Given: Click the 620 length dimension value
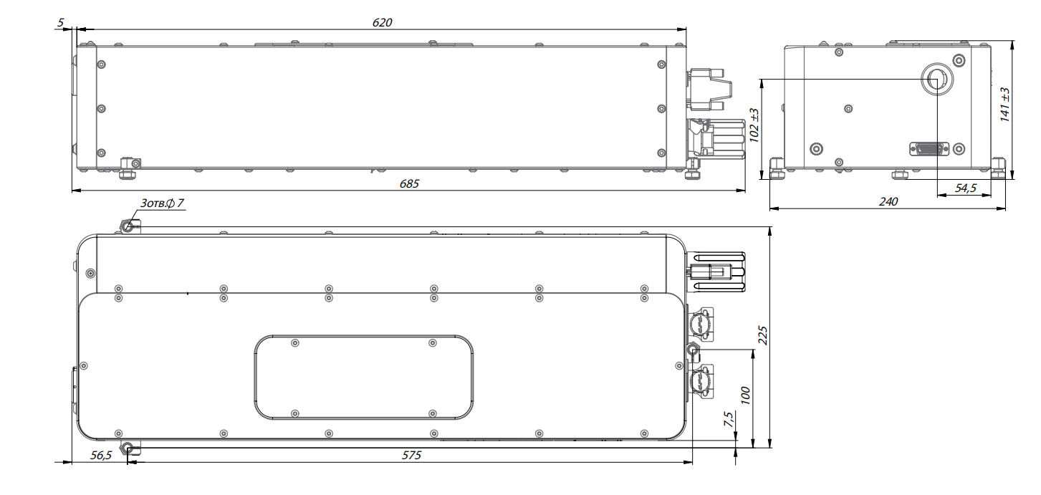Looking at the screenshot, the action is [382, 22].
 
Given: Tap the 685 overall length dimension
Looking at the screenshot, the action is [409, 183].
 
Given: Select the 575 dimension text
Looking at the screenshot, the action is [411, 455].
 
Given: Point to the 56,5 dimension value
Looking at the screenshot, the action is [101, 455].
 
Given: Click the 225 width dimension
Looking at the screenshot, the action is [762, 335].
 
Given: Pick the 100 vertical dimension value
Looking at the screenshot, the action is [745, 395].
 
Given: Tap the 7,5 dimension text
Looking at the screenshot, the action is [728, 419].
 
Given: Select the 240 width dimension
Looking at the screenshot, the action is [888, 202].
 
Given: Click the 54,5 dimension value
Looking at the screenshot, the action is [966, 188].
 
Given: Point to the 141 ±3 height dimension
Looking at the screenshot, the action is [1004, 105].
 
